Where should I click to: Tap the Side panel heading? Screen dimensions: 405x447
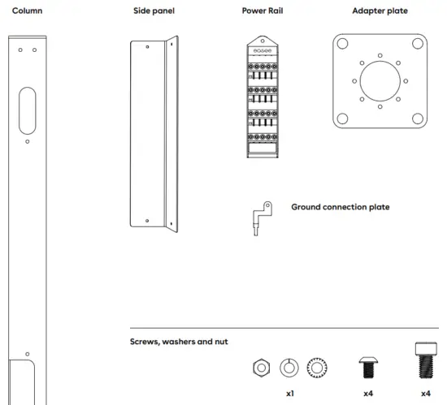pyautogui.click(x=154, y=11)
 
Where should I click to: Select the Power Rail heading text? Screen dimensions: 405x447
pyautogui.click(x=261, y=11)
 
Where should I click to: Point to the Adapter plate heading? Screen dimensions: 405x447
pyautogui.click(x=380, y=11)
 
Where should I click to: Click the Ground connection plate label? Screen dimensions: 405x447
pyautogui.click(x=340, y=207)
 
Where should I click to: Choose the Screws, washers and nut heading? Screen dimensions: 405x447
pyautogui.click(x=178, y=342)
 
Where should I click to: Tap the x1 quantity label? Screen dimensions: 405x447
pyautogui.click(x=289, y=393)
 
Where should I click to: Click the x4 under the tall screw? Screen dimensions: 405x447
pyautogui.click(x=425, y=393)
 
